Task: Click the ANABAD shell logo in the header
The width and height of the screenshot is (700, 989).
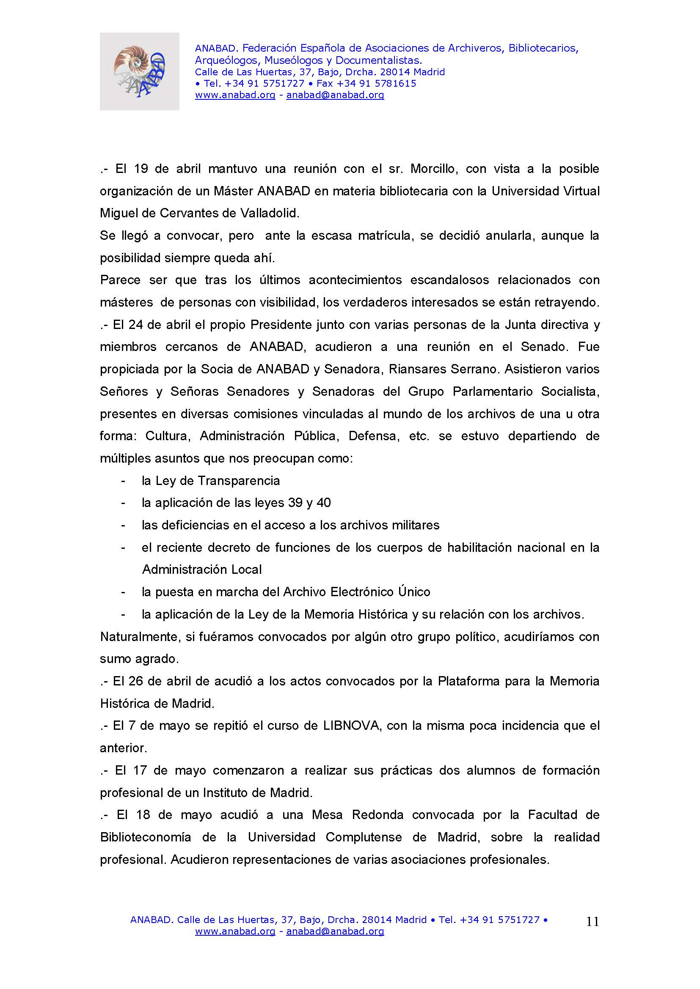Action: click(139, 71)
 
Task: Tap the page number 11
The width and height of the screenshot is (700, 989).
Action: click(593, 921)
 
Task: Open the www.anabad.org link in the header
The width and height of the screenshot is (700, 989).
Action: click(235, 95)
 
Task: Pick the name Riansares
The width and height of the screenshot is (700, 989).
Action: click(415, 369)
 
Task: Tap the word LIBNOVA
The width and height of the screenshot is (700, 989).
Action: click(351, 726)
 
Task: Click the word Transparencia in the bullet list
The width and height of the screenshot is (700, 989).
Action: click(238, 481)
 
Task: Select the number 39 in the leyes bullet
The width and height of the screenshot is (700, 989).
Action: click(295, 503)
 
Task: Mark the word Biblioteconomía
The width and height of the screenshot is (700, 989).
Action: click(146, 837)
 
